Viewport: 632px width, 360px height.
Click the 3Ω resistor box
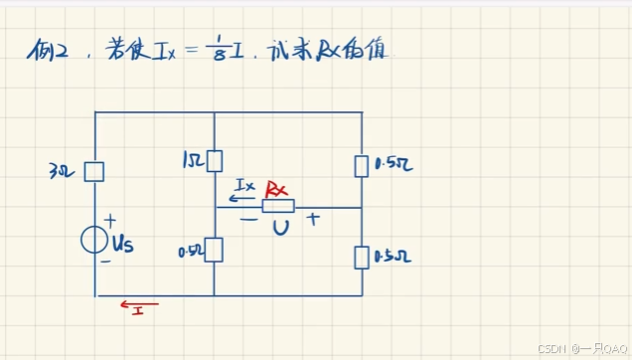pos(94,172)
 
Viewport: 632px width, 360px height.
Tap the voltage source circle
pos(94,240)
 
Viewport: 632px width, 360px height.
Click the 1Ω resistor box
pos(215,160)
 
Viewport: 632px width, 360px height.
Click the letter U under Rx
pos(281,229)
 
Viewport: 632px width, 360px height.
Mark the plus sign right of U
pos(313,220)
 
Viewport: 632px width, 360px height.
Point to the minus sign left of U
pos(247,221)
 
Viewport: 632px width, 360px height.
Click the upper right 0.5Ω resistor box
pos(362,164)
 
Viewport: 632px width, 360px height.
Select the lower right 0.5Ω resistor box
pos(362,258)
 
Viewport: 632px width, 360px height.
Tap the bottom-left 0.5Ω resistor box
pos(215,250)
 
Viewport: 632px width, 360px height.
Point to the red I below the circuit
pos(140,312)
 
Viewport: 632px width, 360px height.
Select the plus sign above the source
pos(109,219)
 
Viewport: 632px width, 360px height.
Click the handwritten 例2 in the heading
pos(47,52)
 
